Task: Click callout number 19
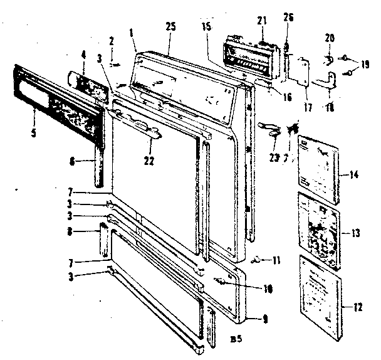[x=365, y=64]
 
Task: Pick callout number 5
[x=33, y=115]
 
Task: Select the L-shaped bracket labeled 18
[x=328, y=80]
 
